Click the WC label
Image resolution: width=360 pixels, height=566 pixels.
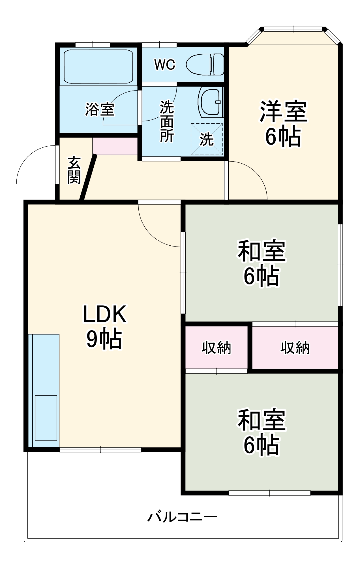click(x=165, y=65)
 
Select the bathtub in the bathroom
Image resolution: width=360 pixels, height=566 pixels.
click(x=98, y=67)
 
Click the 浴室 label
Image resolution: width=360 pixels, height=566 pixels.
click(x=100, y=109)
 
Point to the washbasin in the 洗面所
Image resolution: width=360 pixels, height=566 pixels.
click(x=211, y=102)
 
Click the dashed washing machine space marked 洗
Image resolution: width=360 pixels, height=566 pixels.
click(x=207, y=139)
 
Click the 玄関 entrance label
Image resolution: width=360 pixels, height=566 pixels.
click(x=74, y=170)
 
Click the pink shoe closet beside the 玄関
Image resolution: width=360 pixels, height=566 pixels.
click(x=115, y=146)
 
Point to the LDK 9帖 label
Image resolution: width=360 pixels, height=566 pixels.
click(x=104, y=327)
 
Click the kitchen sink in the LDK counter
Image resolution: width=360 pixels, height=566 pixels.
click(x=46, y=418)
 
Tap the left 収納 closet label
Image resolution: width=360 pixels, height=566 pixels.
click(x=217, y=348)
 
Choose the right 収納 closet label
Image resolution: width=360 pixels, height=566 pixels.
click(x=295, y=348)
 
